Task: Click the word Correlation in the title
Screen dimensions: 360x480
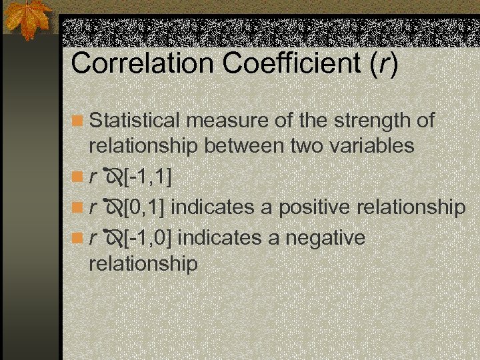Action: [x=141, y=63]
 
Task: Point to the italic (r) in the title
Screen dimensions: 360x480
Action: [x=386, y=63]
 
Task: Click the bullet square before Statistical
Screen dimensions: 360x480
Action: [x=79, y=121]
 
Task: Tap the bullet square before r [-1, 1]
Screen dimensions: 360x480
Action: [x=79, y=177]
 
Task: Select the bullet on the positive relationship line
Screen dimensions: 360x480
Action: [x=79, y=207]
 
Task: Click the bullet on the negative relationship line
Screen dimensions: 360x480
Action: [x=79, y=238]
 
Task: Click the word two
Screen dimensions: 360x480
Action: [x=305, y=145]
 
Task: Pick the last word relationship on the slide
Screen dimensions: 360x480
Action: [x=143, y=263]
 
